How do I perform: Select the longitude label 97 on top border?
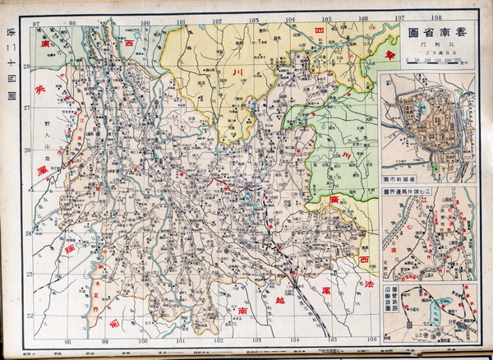click(x=36, y=21)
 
